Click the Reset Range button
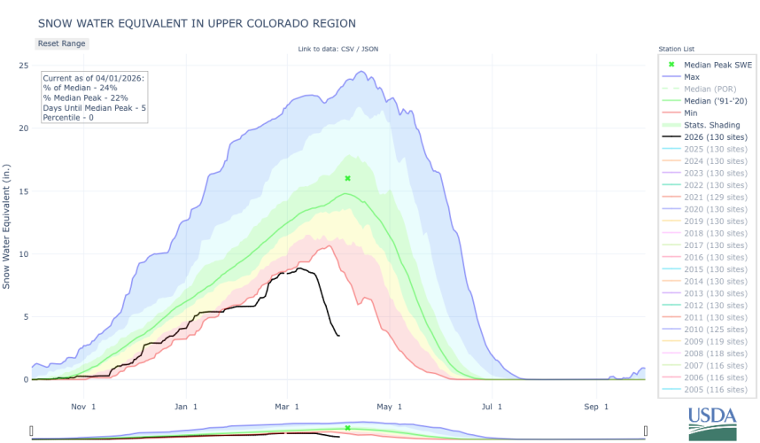(62, 43)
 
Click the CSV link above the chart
(350, 49)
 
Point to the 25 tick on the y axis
(23, 66)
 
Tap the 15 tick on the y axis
(23, 191)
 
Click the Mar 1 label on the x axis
(287, 407)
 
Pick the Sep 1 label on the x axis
(596, 407)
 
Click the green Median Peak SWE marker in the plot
(348, 178)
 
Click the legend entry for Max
(692, 77)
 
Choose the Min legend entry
(692, 113)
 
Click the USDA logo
(711, 423)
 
